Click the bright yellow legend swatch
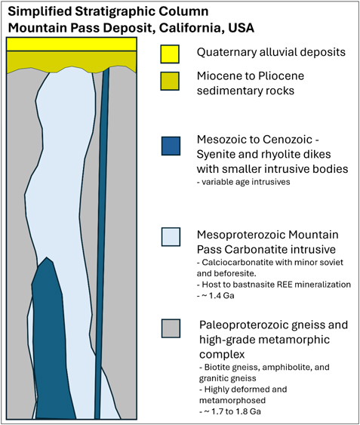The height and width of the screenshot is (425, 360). pos(170,54)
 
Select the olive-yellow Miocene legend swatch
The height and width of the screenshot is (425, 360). pos(170,81)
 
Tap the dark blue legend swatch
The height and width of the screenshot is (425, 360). pos(171,146)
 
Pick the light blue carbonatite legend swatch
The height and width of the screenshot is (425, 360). pos(171,237)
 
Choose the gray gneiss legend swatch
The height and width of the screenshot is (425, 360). pos(171,328)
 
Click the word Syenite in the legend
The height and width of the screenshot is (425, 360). pos(214,155)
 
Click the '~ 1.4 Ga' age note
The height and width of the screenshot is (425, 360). pos(216,295)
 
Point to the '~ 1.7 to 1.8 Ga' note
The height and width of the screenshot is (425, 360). pos(230,411)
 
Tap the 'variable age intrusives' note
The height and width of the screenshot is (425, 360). pos(244,182)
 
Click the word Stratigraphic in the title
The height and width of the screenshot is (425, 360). pos(115,11)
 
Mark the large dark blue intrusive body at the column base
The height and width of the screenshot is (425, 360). pos(52,339)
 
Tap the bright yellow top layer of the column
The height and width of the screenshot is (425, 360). pos(72,45)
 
